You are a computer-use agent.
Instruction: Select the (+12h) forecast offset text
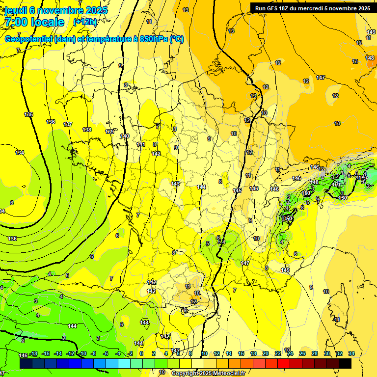click(x=85, y=22)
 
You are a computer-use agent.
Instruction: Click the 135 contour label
click(x=29, y=114)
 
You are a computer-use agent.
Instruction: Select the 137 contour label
click(x=68, y=124)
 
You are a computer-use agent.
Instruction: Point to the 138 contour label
click(x=87, y=130)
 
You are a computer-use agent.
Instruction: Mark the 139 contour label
click(x=109, y=132)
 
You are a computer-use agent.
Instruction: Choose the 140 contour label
click(x=125, y=136)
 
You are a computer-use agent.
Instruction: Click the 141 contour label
click(x=141, y=144)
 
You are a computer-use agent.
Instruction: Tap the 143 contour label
click(x=175, y=184)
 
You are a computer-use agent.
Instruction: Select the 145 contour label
click(x=237, y=190)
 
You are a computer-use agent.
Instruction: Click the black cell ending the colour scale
click(x=345, y=363)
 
